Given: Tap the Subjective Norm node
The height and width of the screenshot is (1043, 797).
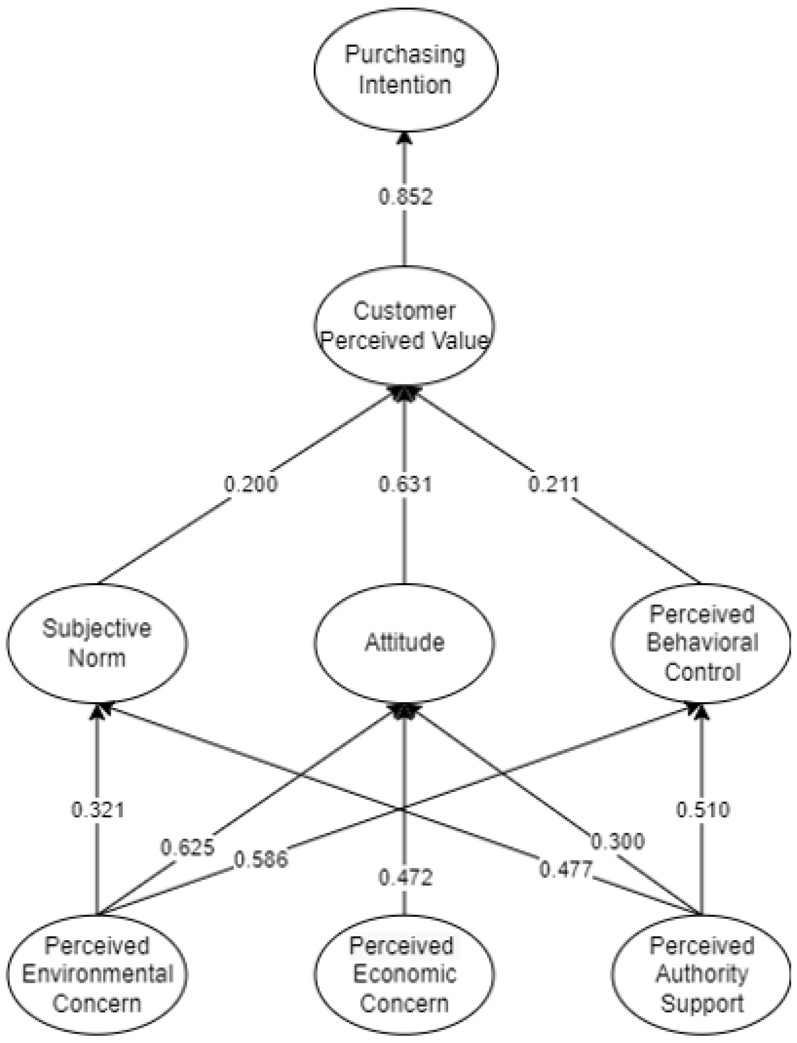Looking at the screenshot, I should coord(97,643).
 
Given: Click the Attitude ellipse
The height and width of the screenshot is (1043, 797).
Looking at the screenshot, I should coord(405,643).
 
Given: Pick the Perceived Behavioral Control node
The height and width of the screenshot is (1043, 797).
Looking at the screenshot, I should coord(701,643).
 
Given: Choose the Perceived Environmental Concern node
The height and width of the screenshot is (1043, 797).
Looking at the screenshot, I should coord(97,974).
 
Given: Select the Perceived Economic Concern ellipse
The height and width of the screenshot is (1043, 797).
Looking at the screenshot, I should coord(405,974).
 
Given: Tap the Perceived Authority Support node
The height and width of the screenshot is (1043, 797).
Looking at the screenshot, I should coord(701,974).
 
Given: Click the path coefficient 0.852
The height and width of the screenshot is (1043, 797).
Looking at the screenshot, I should coord(405,197).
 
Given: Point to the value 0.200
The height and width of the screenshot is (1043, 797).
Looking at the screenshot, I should coord(250,484).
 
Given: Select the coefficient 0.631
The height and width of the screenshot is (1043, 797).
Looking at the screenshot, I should coord(405,484).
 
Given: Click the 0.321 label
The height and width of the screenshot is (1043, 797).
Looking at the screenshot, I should coord(98,810).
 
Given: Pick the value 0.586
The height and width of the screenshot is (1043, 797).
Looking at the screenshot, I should coord(261,860).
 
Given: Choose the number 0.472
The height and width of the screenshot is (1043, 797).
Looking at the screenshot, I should coord(405,878).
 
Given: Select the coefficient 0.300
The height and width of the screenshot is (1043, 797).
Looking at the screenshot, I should coord(617,842).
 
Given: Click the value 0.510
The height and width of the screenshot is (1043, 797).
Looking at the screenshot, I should coord(702,810).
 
